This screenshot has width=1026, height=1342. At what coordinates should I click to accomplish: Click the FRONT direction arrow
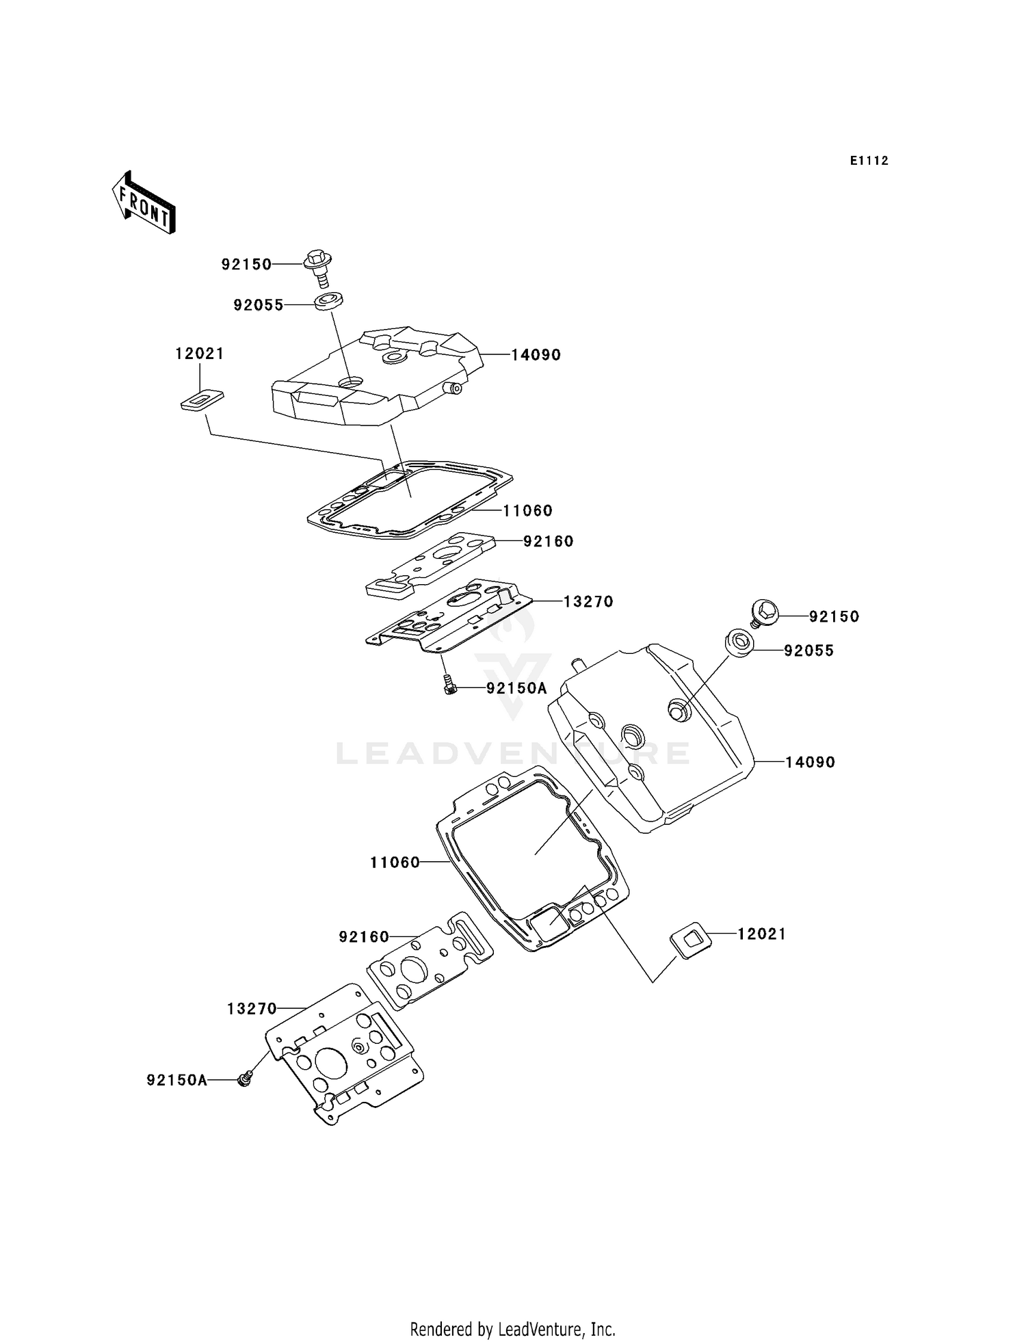(144, 204)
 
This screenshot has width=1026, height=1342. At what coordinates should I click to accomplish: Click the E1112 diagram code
(869, 161)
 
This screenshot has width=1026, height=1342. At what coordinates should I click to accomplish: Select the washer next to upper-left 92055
(329, 301)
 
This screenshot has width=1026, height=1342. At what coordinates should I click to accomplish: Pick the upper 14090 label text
(536, 355)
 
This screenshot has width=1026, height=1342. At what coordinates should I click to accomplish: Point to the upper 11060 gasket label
(527, 510)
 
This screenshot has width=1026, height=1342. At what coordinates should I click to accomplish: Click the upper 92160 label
(548, 541)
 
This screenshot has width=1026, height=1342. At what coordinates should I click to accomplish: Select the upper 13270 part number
(588, 602)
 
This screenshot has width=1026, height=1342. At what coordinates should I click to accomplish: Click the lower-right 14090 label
(810, 762)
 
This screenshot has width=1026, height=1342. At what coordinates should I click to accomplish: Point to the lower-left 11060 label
(395, 863)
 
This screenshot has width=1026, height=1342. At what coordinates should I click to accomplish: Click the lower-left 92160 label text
(364, 936)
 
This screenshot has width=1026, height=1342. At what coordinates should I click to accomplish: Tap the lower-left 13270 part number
(252, 1009)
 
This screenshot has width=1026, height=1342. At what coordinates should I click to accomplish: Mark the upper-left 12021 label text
(200, 354)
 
